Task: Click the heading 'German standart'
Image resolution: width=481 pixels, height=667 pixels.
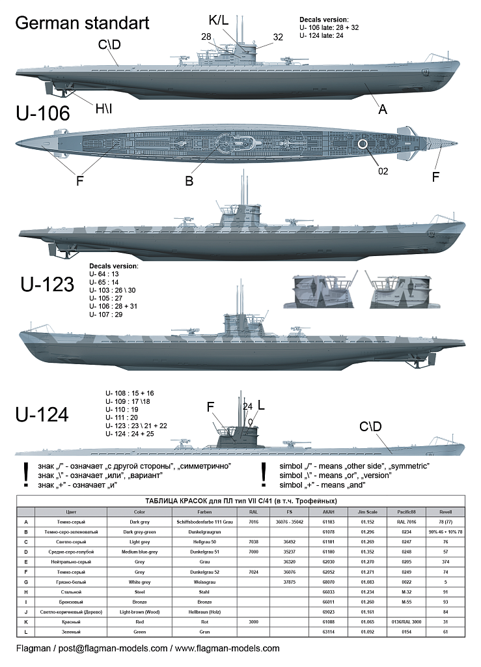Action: [82, 23]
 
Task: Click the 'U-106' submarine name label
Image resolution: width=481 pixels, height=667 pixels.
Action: [42, 113]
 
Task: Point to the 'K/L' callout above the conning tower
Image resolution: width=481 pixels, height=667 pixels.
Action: [219, 21]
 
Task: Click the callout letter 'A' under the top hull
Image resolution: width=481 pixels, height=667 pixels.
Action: [383, 110]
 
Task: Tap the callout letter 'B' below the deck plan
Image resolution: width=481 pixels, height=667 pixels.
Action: [189, 181]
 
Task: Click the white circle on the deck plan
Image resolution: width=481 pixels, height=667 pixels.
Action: [363, 143]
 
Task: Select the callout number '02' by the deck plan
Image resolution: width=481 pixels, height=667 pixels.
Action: [383, 171]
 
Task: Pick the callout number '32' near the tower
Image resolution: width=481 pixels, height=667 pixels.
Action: [278, 37]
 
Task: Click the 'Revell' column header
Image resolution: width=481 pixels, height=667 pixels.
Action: [445, 512]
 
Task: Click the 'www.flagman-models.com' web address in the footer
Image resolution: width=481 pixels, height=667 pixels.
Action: [228, 648]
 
